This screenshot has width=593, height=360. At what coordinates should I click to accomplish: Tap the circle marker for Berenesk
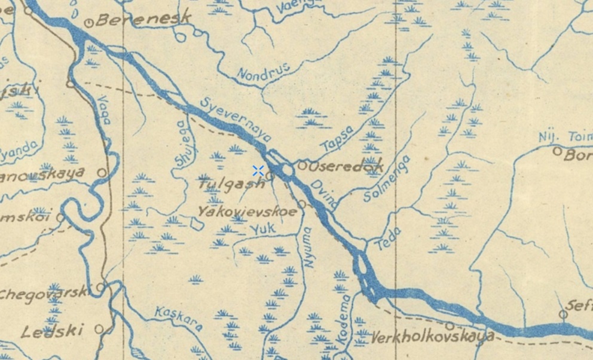point(90,23)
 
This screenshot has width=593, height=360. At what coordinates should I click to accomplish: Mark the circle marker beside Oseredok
point(302,165)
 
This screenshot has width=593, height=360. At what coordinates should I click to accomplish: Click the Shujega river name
point(182,144)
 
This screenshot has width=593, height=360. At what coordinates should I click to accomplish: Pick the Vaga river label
point(104,109)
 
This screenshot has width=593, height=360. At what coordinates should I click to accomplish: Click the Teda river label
point(388,239)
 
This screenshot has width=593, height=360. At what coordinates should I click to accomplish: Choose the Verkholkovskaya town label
point(432,337)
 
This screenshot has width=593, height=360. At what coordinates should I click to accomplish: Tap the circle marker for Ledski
point(99,329)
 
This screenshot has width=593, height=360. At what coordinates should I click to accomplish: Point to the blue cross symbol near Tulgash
point(258,170)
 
